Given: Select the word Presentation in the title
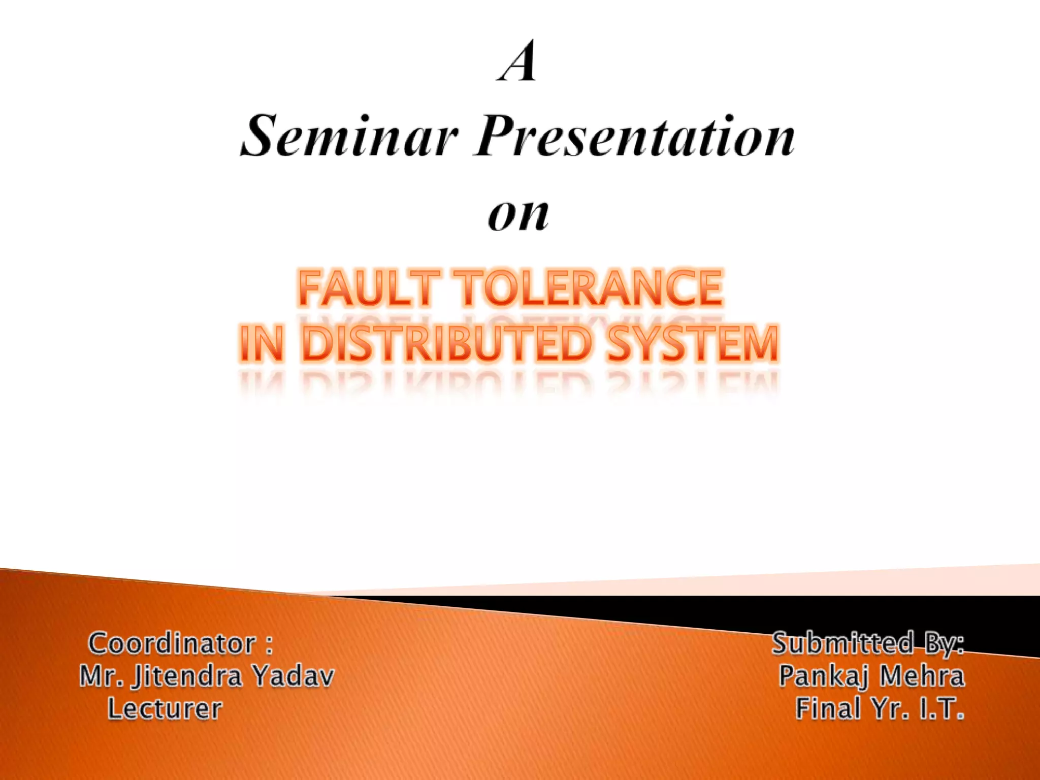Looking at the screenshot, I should pyautogui.click(x=635, y=137).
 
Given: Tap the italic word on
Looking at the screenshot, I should pyautogui.click(x=518, y=213).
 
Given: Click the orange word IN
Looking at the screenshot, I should pyautogui.click(x=261, y=344).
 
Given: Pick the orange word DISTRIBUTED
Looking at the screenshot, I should pyautogui.click(x=447, y=344).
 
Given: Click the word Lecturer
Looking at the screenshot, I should pyautogui.click(x=165, y=709).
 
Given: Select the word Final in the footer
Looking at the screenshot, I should pyautogui.click(x=828, y=709).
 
